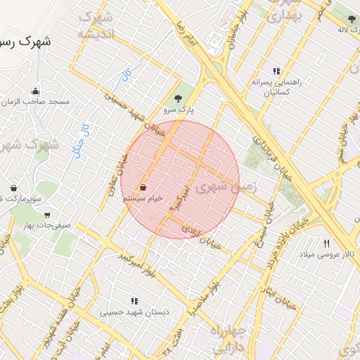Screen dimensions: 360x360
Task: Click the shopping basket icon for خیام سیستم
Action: point(143,188)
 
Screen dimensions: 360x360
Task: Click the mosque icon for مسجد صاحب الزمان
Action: point(36,91)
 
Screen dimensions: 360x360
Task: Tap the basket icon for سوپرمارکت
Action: point(14,188)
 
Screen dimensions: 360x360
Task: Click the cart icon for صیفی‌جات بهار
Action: point(46,215)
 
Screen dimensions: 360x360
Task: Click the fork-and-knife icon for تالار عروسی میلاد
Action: point(326,243)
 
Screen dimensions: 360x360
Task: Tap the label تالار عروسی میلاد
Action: point(327,253)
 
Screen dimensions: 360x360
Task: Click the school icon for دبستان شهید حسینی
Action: point(134,301)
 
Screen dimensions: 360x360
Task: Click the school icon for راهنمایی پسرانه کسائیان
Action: point(276,71)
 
